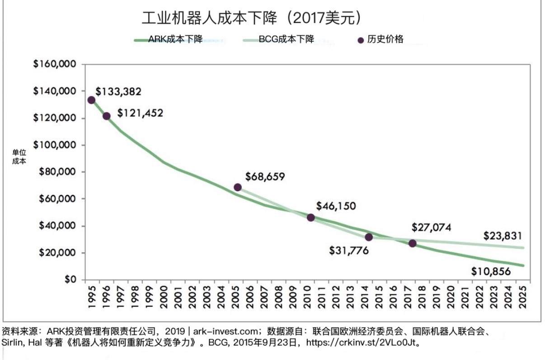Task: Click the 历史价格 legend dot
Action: coord(361,40)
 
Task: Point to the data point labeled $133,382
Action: coord(91,100)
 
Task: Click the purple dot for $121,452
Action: coord(107,116)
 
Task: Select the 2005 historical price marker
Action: coord(238,187)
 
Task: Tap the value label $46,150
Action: coord(336,206)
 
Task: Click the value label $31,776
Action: coord(349,250)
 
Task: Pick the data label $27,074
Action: coord(431,227)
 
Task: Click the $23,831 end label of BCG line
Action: coord(503,236)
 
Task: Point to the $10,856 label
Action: coord(491,272)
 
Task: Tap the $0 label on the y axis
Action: coord(70,279)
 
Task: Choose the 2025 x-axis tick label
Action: coord(523,295)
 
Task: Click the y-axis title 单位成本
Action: coord(19,156)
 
